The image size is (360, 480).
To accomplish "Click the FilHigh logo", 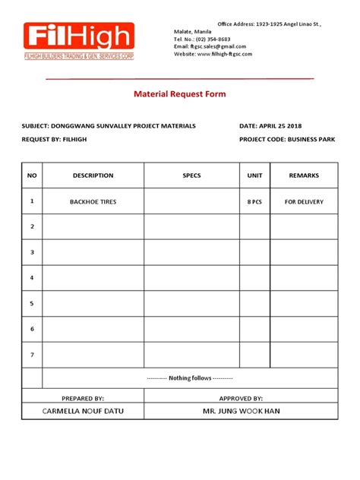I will [x=78, y=41].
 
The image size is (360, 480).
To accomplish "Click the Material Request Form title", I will [x=179, y=94].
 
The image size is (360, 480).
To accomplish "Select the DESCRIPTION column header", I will [x=93, y=175].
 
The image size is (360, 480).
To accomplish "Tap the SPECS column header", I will [x=191, y=175].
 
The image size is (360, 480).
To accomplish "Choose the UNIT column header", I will [x=254, y=175].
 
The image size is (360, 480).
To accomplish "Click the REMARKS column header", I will [x=304, y=175].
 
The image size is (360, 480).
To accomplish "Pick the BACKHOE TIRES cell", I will [x=93, y=202].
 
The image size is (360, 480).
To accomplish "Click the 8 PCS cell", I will [x=254, y=202].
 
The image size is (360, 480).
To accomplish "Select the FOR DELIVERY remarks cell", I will [x=304, y=202].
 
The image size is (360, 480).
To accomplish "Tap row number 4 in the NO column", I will [x=32, y=278].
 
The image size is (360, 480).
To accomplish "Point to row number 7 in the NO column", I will [x=32, y=355].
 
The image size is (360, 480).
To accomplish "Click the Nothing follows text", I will [x=191, y=378].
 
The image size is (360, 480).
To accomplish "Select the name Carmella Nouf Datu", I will [x=84, y=412].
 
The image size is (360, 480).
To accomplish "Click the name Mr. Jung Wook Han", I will [x=241, y=412].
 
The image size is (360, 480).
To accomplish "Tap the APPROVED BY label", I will [x=241, y=398].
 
